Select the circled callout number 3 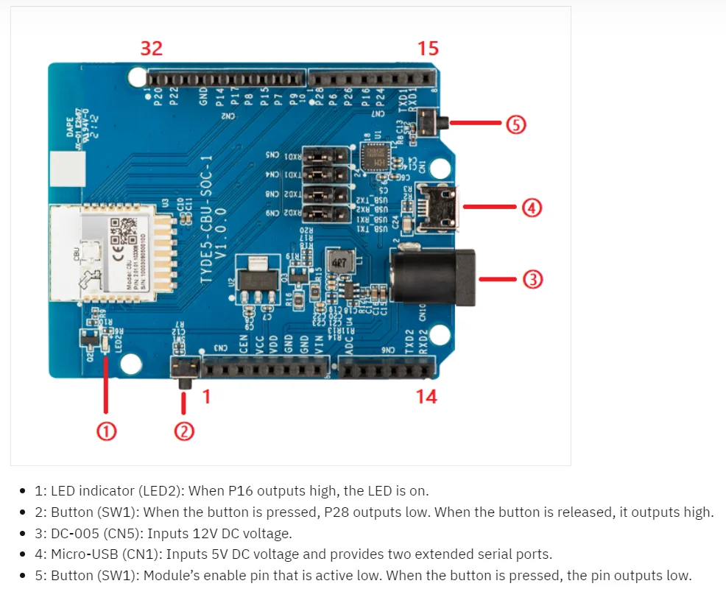coord(533,279)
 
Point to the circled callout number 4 coord(533,208)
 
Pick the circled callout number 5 coord(515,124)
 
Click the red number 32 coord(151,49)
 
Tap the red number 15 coord(428,49)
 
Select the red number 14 coord(426,397)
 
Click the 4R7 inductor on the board coord(339,263)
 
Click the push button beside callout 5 coord(430,121)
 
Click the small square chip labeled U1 coord(377,157)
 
